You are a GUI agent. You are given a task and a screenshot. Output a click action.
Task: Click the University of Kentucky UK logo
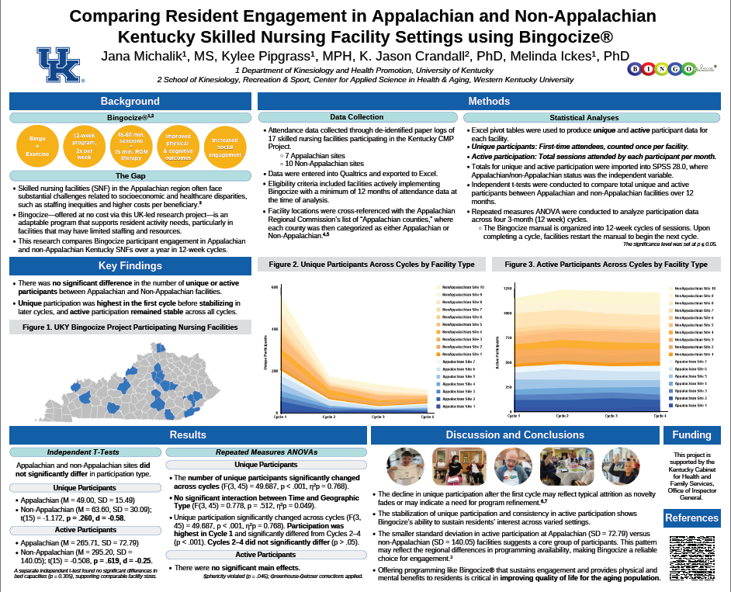59,65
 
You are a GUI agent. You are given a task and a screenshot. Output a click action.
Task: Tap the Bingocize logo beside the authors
672,68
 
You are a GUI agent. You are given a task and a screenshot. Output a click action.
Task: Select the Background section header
130,101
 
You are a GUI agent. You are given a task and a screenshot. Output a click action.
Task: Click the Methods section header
489,101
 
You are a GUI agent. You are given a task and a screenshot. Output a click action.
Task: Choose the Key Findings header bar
130,266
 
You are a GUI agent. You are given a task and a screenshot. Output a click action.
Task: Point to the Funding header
691,434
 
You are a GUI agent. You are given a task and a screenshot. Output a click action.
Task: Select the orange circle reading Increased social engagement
225,145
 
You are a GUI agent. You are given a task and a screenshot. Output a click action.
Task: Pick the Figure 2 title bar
372,265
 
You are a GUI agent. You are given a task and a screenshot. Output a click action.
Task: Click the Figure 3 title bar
606,265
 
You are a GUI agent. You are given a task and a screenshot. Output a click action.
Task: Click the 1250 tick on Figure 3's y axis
508,289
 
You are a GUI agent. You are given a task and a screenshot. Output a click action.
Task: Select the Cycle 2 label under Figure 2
329,417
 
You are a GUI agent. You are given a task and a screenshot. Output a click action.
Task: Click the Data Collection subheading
356,117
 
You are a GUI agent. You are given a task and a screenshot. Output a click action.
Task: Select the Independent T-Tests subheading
84,452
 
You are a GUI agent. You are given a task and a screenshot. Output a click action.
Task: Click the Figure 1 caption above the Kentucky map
130,327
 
